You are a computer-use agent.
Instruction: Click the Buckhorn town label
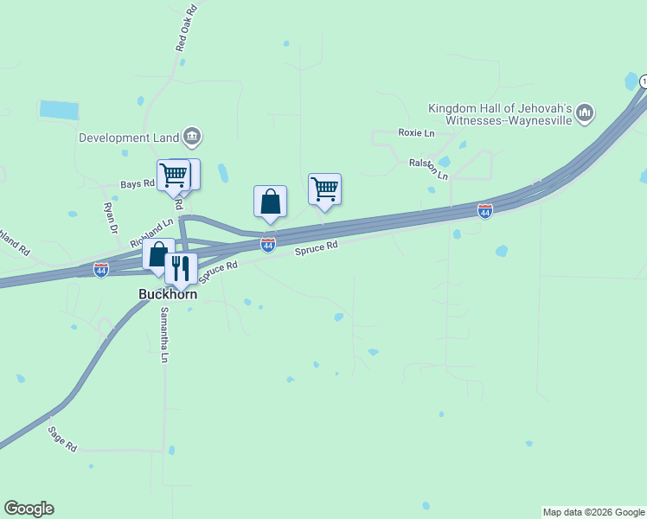click(x=168, y=294)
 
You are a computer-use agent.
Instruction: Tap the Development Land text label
click(x=129, y=137)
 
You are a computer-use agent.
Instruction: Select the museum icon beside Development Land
click(x=192, y=136)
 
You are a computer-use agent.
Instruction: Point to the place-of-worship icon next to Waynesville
click(x=585, y=112)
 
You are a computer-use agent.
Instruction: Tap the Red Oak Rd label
click(x=187, y=28)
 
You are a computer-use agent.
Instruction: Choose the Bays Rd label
click(x=137, y=183)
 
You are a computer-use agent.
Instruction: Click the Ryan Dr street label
click(x=110, y=218)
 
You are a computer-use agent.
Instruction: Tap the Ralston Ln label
click(x=429, y=169)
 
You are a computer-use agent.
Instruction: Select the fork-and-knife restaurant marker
click(x=181, y=268)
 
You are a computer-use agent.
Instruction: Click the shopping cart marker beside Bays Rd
click(x=173, y=175)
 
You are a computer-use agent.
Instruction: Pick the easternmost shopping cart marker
click(x=324, y=189)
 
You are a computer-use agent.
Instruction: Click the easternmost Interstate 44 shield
click(x=485, y=211)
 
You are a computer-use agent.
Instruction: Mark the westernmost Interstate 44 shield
click(x=101, y=270)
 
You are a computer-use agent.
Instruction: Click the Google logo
click(x=29, y=509)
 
